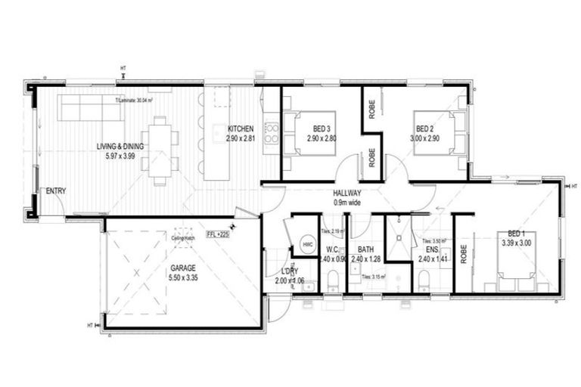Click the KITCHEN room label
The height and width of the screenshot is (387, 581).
pyautogui.click(x=241, y=129)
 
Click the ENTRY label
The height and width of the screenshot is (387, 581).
pyautogui.click(x=55, y=190)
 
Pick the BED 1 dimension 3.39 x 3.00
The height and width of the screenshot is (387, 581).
pyautogui.click(x=517, y=243)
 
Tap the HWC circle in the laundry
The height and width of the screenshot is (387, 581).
pyautogui.click(x=307, y=244)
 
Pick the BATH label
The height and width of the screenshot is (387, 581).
pyautogui.click(x=366, y=249)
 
